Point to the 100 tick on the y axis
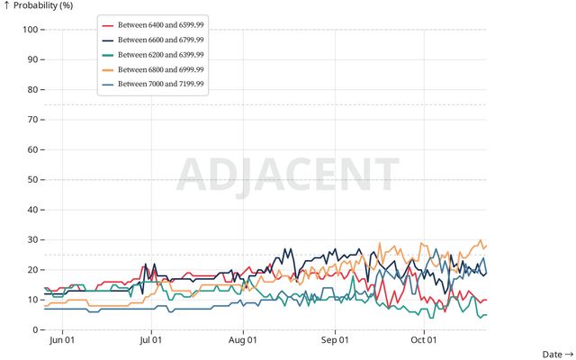pyautogui.click(x=28, y=30)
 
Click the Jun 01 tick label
pyautogui.click(x=61, y=340)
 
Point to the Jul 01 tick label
pyautogui.click(x=151, y=340)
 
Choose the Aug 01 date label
pyautogui.click(x=243, y=340)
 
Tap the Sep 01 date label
pyautogui.click(x=335, y=340)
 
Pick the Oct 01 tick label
pyautogui.click(x=424, y=340)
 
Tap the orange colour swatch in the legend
pyautogui.click(x=108, y=69)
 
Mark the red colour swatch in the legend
pyautogui.click(x=108, y=26)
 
